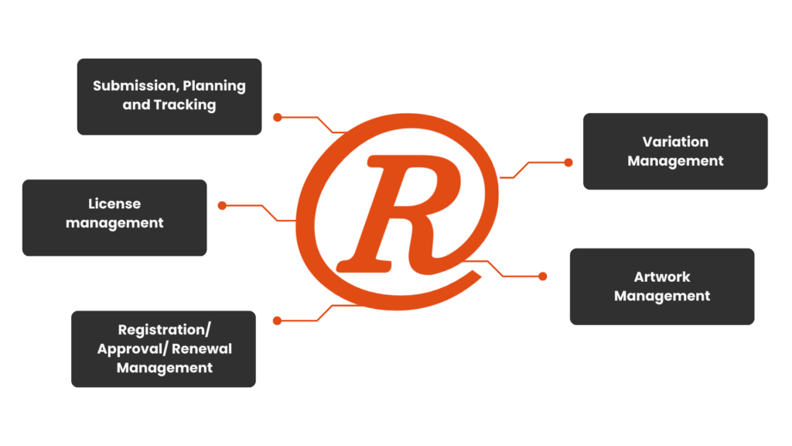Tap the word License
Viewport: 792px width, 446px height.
[x=114, y=204]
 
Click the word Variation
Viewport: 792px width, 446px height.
[x=675, y=142]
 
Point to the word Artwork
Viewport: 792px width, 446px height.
[x=662, y=276]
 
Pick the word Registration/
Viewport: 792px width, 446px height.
[x=164, y=330]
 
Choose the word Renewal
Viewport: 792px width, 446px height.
[x=201, y=348]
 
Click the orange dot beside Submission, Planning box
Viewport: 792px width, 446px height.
[x=277, y=118]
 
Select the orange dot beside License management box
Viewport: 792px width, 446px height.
[x=222, y=205]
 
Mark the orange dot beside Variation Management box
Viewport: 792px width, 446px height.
[x=568, y=163]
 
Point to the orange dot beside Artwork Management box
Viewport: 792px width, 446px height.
[x=543, y=276]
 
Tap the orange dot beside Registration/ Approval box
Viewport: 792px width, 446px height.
[x=277, y=320]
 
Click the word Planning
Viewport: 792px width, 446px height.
[x=214, y=86]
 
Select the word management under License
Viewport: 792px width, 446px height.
[x=114, y=223]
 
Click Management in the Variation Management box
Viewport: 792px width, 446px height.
[x=675, y=161]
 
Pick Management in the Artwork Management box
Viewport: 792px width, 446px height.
[x=662, y=296]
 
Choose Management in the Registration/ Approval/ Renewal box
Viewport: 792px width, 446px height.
[x=164, y=368]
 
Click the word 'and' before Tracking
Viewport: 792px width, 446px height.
[x=136, y=105]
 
